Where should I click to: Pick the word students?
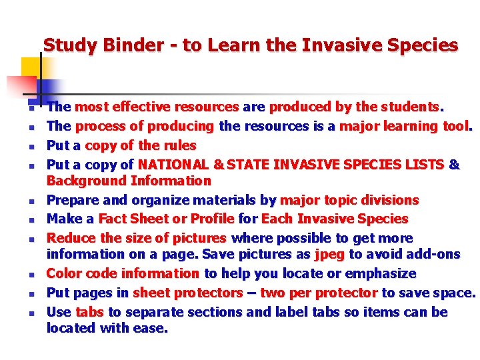(x=413, y=107)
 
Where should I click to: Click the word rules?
(x=180, y=145)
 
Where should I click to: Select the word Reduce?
(x=69, y=238)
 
